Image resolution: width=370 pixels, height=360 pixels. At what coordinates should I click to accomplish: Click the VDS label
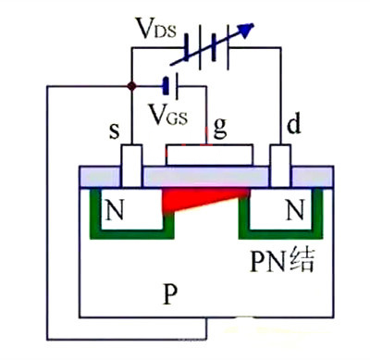pyautogui.click(x=157, y=29)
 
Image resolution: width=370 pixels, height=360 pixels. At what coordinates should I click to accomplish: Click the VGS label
pyautogui.click(x=168, y=114)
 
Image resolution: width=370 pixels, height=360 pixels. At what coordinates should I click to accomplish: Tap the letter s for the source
pyautogui.click(x=115, y=131)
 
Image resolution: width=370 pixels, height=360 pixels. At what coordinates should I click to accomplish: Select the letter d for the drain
pyautogui.click(x=294, y=124)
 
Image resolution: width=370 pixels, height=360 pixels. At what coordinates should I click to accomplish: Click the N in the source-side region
pyautogui.click(x=115, y=209)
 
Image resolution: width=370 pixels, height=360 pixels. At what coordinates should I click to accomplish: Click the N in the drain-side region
pyautogui.click(x=295, y=209)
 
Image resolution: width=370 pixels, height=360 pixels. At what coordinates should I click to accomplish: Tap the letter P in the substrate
pyautogui.click(x=170, y=293)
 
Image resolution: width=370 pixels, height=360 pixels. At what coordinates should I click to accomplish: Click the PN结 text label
pyautogui.click(x=282, y=260)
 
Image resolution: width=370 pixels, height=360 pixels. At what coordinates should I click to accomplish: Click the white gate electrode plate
pyautogui.click(x=209, y=155)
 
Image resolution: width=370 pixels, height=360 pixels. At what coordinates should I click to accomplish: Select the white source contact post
pyautogui.click(x=131, y=166)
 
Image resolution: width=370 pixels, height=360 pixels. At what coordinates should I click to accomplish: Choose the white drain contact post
pyautogui.click(x=280, y=166)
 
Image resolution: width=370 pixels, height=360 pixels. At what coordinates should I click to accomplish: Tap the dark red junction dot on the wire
pyautogui.click(x=131, y=86)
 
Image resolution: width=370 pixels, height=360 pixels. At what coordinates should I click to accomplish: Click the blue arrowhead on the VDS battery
pyautogui.click(x=247, y=30)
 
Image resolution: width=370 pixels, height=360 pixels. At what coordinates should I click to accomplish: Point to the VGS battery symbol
pyautogui.click(x=171, y=86)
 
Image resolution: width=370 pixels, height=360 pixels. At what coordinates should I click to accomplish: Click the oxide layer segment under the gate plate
pyautogui.click(x=206, y=177)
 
